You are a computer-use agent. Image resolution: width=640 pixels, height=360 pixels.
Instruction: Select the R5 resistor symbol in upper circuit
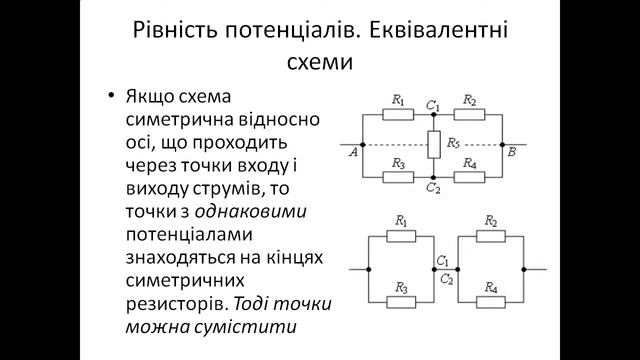[433, 144]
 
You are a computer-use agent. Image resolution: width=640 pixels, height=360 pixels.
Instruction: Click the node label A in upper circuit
[354, 153]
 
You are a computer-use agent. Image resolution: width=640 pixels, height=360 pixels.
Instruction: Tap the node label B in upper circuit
[512, 153]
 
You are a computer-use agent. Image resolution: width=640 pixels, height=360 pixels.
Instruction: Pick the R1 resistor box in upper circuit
[398, 114]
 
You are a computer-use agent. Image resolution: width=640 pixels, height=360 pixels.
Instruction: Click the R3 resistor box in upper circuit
[398, 176]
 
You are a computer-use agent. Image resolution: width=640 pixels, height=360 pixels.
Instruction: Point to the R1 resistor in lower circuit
[400, 235]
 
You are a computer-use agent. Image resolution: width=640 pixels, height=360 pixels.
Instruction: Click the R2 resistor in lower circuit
[490, 235]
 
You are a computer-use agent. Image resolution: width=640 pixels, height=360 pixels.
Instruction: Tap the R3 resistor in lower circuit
[400, 302]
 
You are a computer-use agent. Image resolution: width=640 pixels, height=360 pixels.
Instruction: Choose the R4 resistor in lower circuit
[490, 302]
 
